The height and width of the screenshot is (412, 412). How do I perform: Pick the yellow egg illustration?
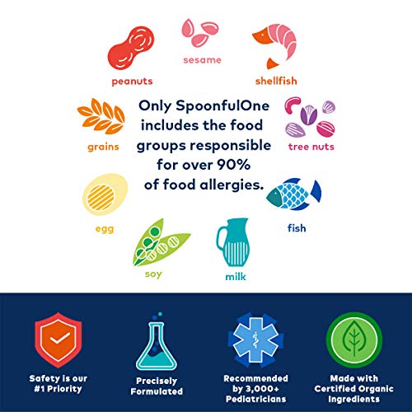pyautogui.click(x=104, y=194)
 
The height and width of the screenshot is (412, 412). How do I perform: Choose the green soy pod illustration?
pyautogui.click(x=161, y=240)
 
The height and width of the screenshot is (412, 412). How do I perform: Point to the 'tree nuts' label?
pyautogui.click(x=308, y=148)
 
